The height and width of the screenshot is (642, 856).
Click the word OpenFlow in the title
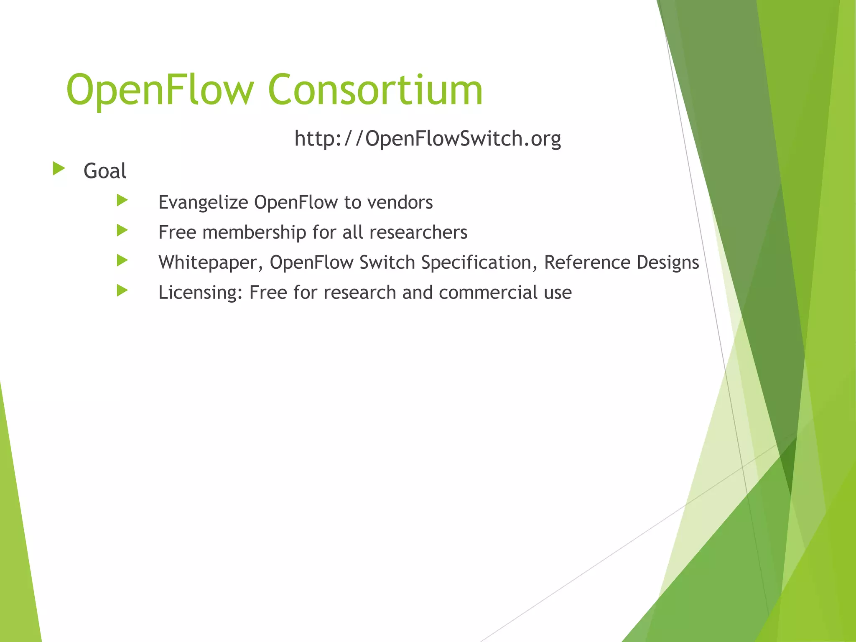pyautogui.click(x=160, y=90)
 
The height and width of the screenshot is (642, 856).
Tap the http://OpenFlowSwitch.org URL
pyautogui.click(x=428, y=139)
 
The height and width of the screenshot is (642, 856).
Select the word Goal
pyautogui.click(x=105, y=171)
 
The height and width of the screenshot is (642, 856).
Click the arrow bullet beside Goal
pyautogui.click(x=59, y=169)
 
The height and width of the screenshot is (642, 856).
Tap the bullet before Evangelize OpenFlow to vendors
pyautogui.click(x=122, y=200)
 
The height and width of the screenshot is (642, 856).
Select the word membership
pyautogui.click(x=254, y=232)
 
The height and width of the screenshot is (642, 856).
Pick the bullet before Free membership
pyautogui.click(x=122, y=230)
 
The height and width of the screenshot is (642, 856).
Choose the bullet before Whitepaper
pyautogui.click(x=122, y=260)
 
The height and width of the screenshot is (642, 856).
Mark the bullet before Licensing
pyautogui.click(x=122, y=290)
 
